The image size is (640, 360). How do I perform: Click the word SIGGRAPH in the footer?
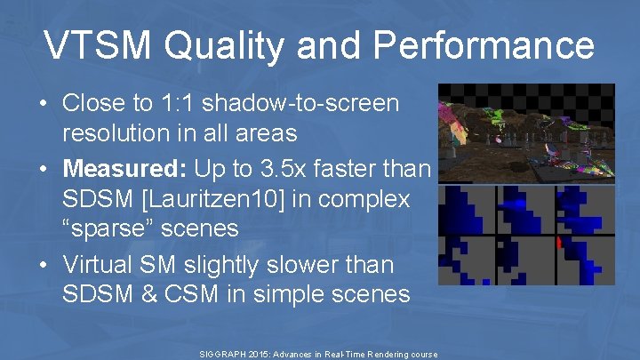(226, 354)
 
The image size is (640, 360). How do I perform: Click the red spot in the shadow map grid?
(557, 242)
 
